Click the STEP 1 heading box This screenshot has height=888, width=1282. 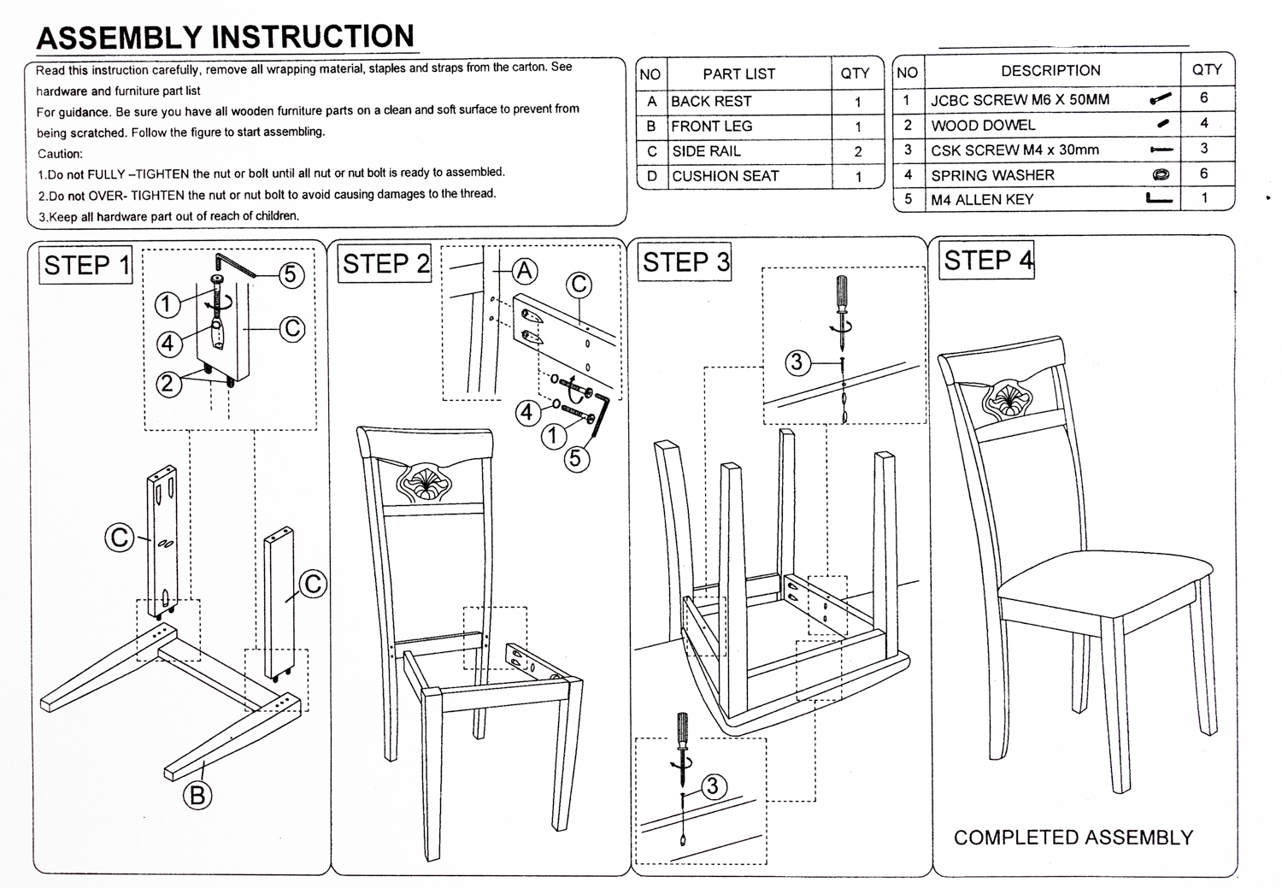(86, 265)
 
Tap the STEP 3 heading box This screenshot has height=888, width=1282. (686, 262)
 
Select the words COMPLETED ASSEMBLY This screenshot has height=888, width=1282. (1073, 838)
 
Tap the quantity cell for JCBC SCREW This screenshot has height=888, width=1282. (1203, 97)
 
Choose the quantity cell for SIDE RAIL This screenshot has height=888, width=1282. (858, 152)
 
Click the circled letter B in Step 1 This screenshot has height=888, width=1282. (197, 796)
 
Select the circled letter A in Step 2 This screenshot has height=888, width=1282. (524, 272)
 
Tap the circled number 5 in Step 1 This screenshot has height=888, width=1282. (290, 274)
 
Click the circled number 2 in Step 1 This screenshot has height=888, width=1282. (168, 384)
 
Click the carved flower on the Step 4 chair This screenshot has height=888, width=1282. (1009, 399)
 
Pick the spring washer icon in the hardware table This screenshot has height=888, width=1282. (1160, 175)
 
